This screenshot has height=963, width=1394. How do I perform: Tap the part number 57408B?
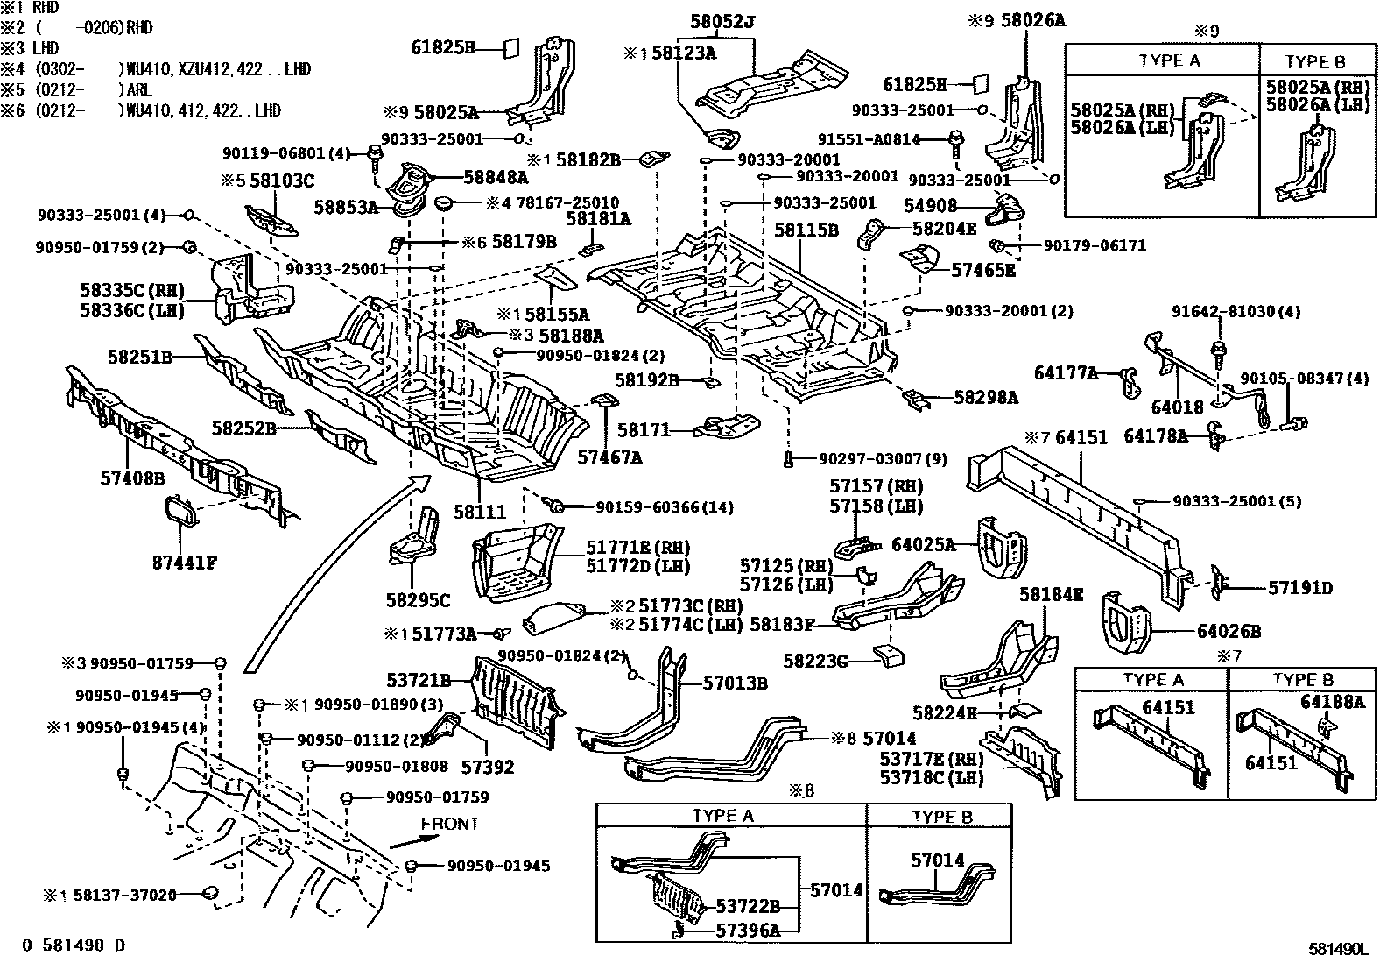coord(132,478)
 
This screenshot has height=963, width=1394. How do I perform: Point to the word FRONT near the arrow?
coord(450,824)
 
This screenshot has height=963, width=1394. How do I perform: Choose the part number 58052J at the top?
coord(722,20)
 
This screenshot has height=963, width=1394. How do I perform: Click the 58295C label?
coord(418,600)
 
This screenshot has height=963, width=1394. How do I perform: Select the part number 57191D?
coord(1299,588)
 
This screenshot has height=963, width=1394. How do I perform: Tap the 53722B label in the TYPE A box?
coord(747,908)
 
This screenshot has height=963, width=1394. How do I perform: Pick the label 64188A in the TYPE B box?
coord(1332,701)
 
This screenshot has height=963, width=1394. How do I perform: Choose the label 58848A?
coord(496,177)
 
